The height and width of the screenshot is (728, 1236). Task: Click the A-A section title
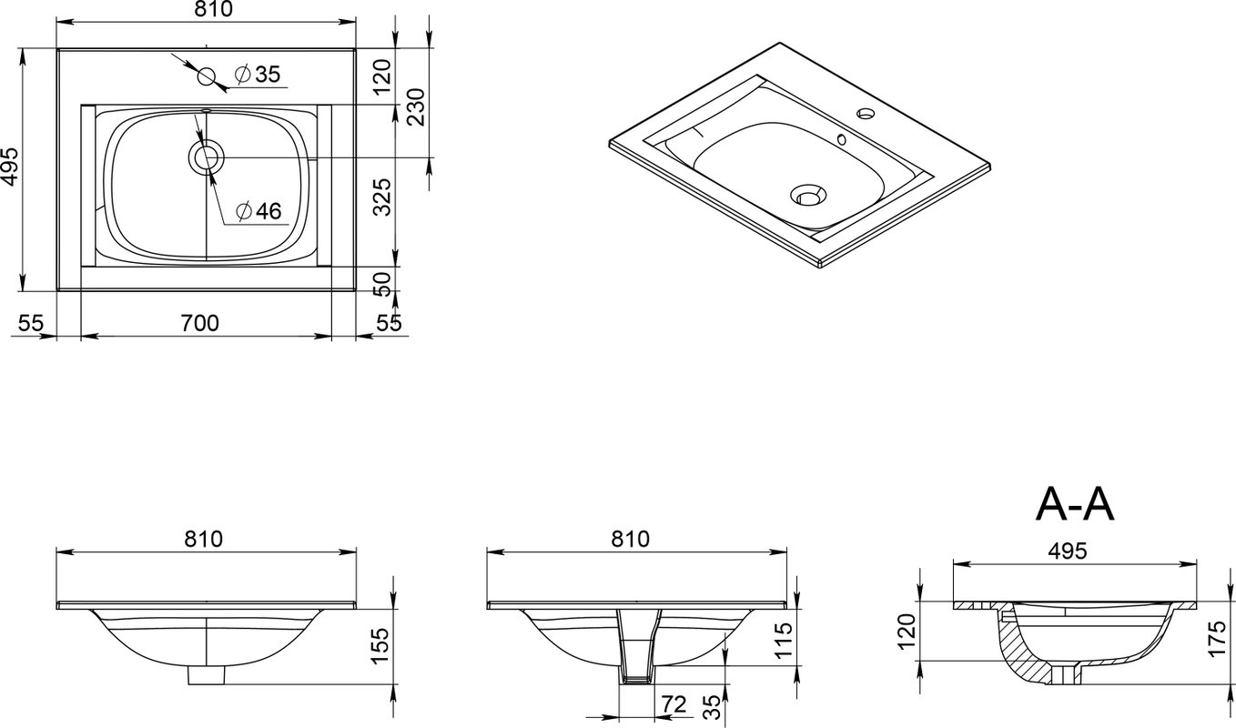[x=1075, y=505]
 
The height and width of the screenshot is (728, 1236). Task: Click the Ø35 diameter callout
[x=258, y=74]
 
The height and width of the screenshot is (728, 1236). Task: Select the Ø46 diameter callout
[x=258, y=211]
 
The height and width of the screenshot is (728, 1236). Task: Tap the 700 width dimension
[x=200, y=323]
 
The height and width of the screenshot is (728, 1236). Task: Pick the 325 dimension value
[x=382, y=197]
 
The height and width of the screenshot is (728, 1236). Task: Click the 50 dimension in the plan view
[x=382, y=284]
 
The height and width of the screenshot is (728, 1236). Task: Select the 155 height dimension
[x=380, y=646]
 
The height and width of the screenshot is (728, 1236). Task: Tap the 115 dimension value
[x=784, y=639]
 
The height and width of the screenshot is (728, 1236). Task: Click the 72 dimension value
[x=674, y=704]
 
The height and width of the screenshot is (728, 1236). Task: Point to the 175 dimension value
[x=1217, y=638]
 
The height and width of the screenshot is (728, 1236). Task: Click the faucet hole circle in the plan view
[x=207, y=76]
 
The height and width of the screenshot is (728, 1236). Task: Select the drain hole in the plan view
[x=207, y=157]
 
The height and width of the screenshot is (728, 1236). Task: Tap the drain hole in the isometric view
[x=808, y=195]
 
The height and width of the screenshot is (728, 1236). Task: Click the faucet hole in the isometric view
[x=866, y=114]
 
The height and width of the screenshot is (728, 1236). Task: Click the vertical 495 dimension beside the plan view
[x=10, y=167]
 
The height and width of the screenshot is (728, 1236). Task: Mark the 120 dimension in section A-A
[x=907, y=631]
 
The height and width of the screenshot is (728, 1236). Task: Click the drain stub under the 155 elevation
[x=207, y=675]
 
